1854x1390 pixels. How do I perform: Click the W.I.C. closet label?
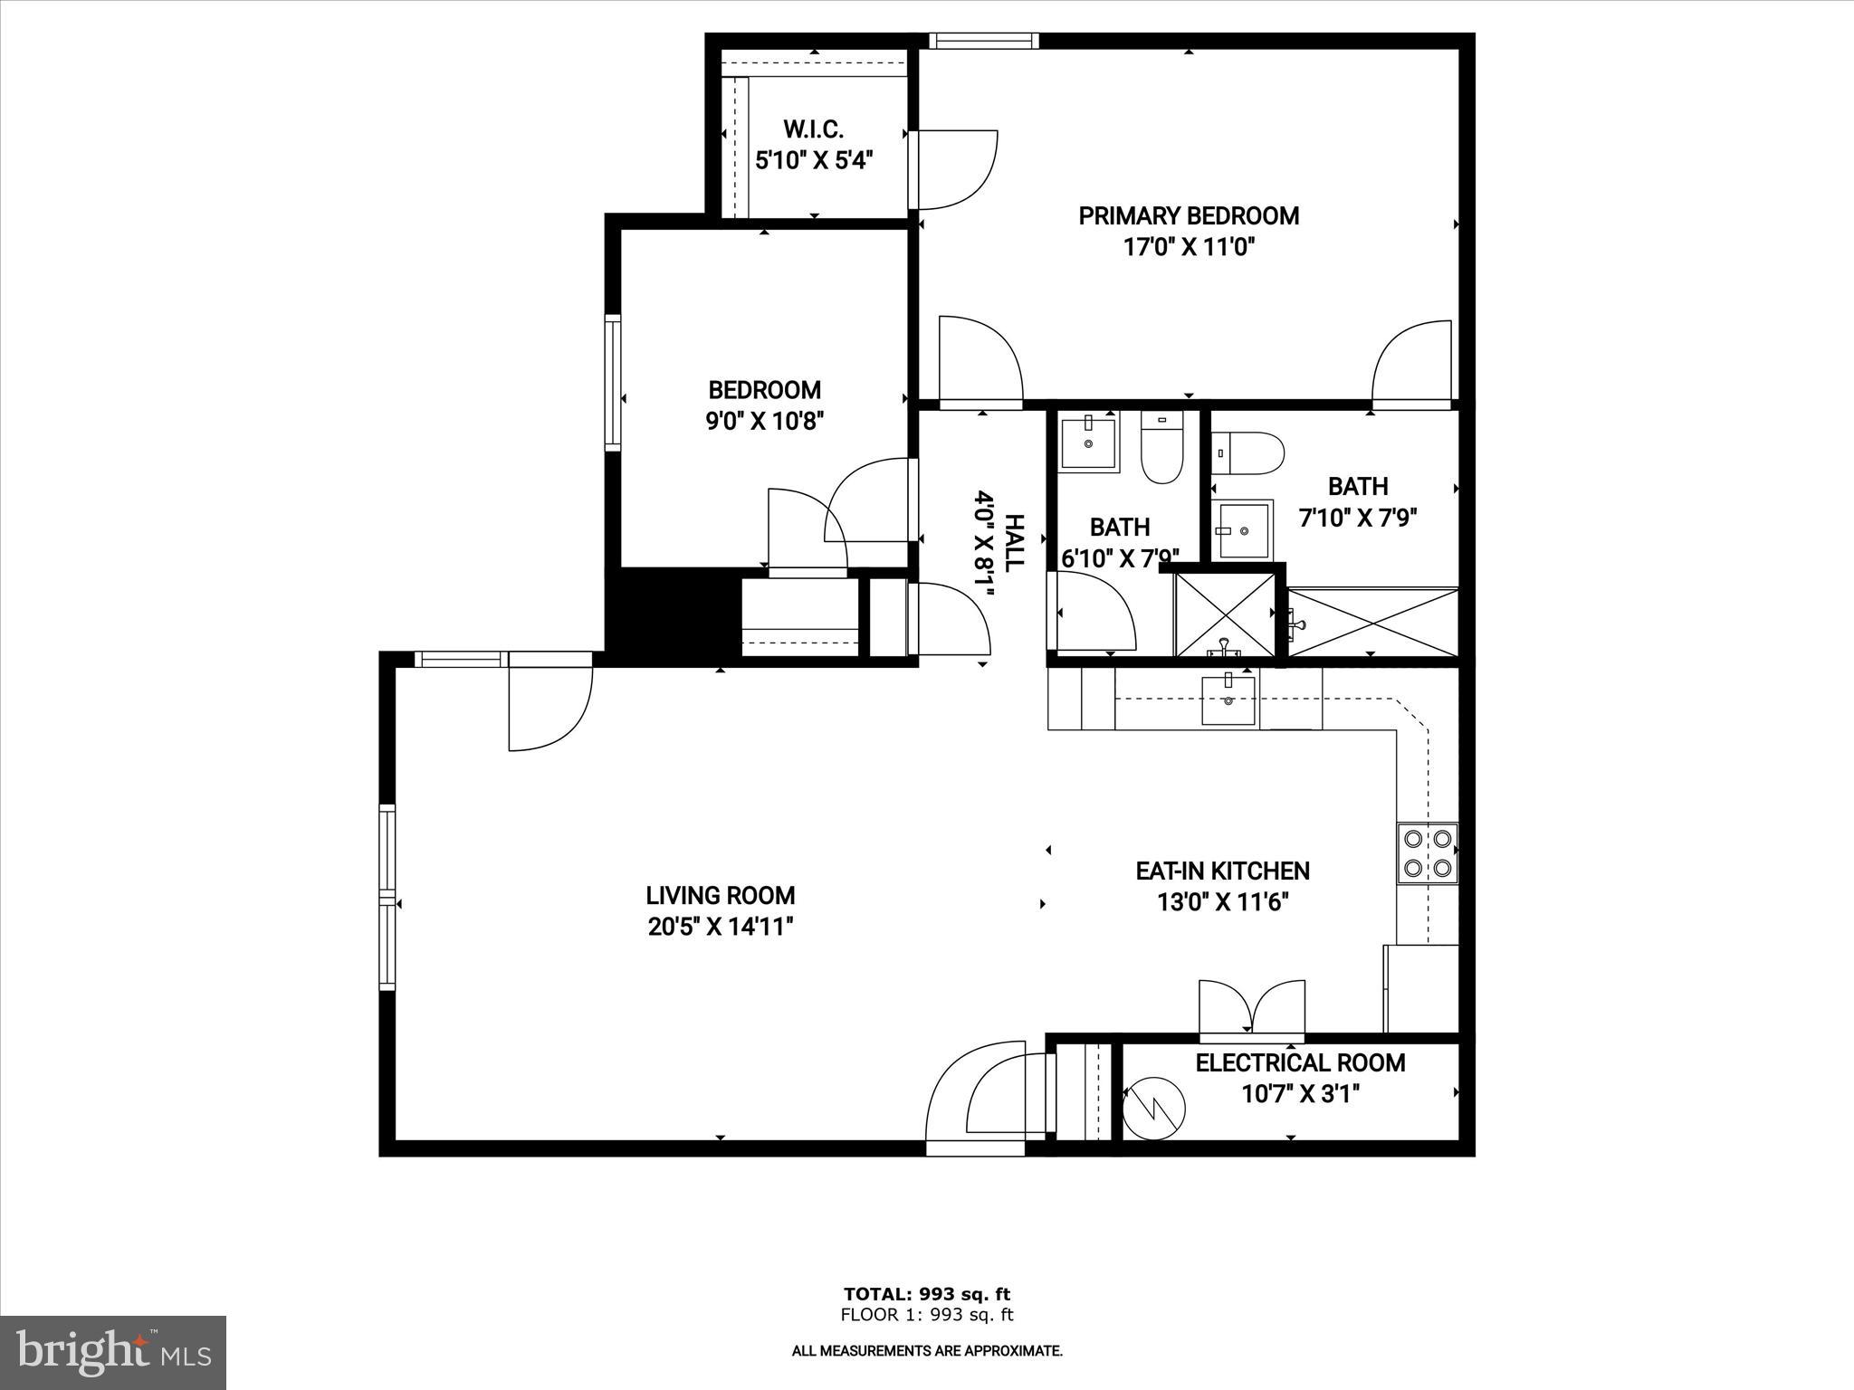pyautogui.click(x=813, y=129)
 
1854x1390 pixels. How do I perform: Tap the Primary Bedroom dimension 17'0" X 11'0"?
pyautogui.click(x=1188, y=247)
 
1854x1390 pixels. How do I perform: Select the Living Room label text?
pyautogui.click(x=721, y=896)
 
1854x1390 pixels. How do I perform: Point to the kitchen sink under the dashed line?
pyautogui.click(x=1228, y=700)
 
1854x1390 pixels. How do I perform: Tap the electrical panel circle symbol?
pyautogui.click(x=1153, y=1106)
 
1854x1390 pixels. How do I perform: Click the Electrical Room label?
pyautogui.click(x=1300, y=1063)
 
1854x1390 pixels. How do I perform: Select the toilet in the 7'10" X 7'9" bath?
pyautogui.click(x=1249, y=453)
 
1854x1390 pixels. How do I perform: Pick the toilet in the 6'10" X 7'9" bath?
pyautogui.click(x=1161, y=447)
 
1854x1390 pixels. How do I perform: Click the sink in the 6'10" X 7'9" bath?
pyautogui.click(x=1088, y=442)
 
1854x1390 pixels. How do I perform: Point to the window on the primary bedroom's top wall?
pyautogui.click(x=983, y=41)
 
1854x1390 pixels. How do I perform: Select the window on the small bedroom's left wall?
pyautogui.click(x=613, y=383)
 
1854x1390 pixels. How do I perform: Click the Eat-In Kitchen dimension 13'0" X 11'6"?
pyautogui.click(x=1222, y=902)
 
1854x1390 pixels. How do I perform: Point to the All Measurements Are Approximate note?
pyautogui.click(x=927, y=1351)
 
